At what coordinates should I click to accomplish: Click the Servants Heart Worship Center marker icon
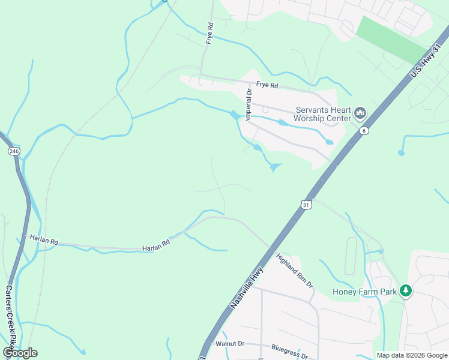coord(360,113)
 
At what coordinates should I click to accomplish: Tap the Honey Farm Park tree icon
coord(406,291)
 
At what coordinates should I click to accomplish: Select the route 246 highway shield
coord(14,151)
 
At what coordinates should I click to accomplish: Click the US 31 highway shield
coord(307,205)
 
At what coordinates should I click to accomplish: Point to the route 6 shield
coord(363,130)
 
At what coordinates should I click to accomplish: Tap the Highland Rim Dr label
coord(294,270)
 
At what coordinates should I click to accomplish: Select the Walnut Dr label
coord(231,344)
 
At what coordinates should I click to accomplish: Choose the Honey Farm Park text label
coord(366,292)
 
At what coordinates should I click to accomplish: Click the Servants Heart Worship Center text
coord(322,114)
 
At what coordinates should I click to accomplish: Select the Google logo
coord(20,353)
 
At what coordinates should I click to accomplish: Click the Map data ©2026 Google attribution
coord(411,355)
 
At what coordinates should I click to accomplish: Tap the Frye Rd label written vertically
coord(210,33)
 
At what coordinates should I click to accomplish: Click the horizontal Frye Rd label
coord(267,85)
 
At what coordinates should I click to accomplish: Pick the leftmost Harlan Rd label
coord(44,241)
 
